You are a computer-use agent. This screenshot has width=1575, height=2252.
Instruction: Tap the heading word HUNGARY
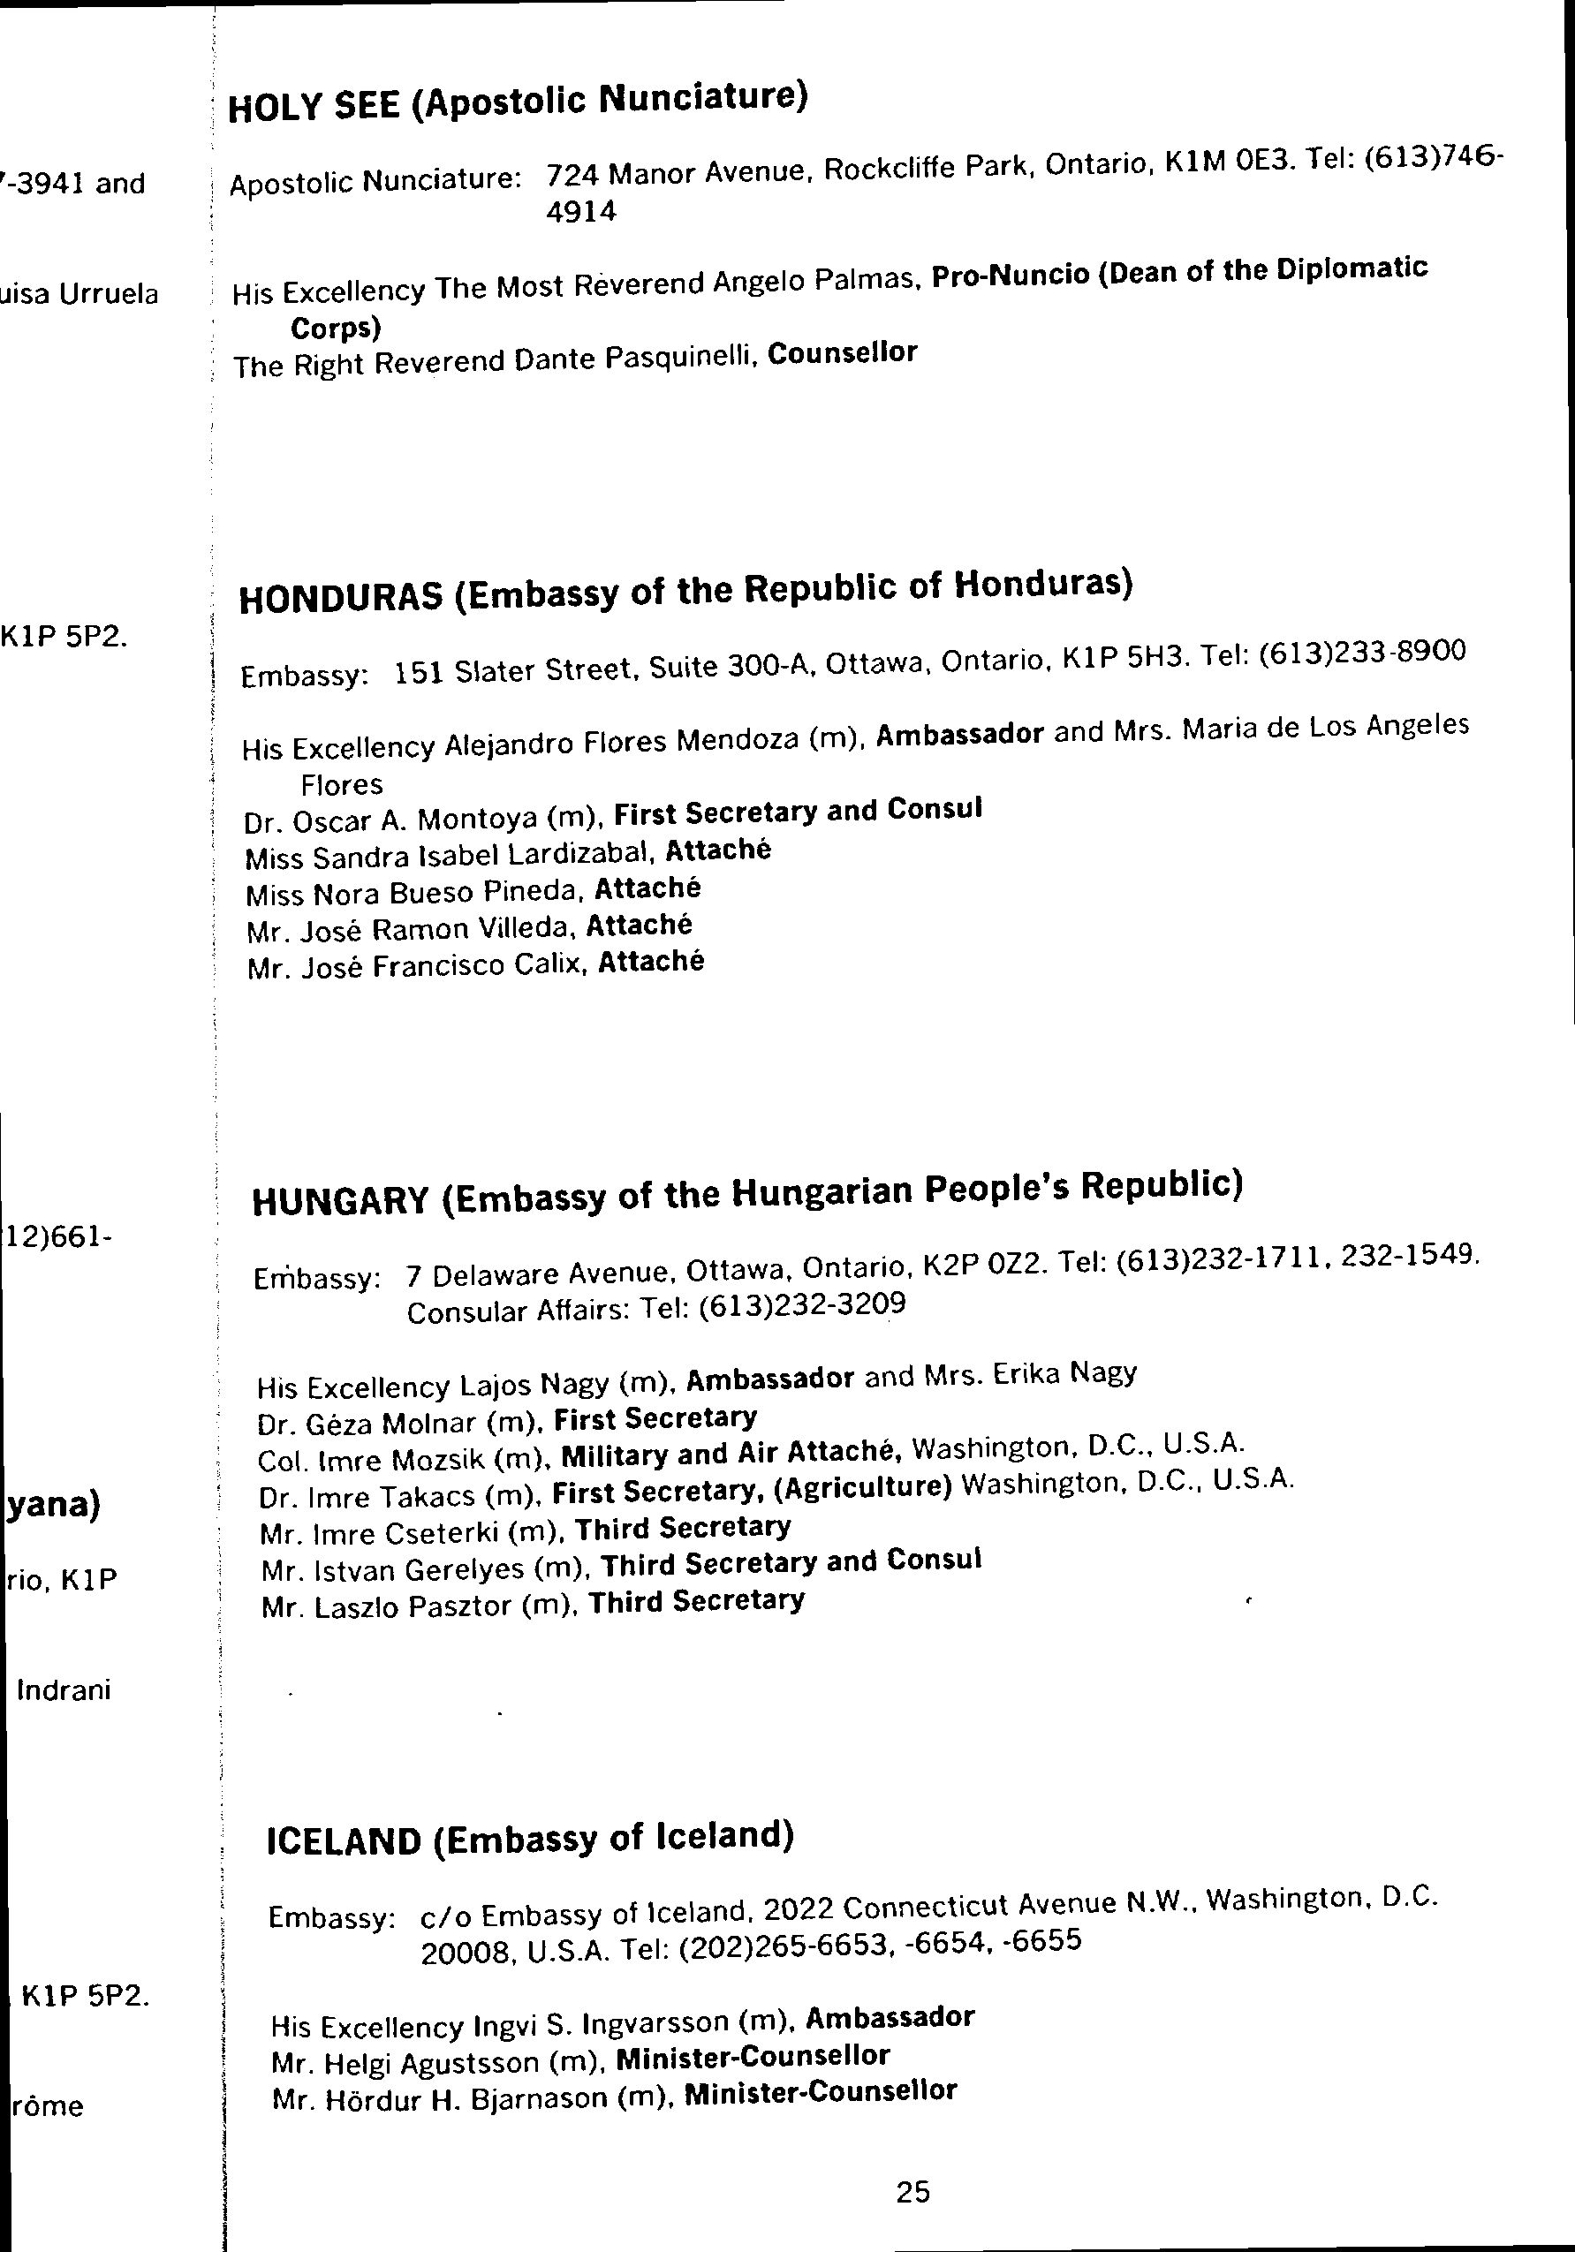tap(340, 1200)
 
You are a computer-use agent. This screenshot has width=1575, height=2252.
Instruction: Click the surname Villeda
tap(537, 929)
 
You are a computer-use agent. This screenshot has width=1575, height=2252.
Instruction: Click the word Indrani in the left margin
tap(64, 1690)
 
